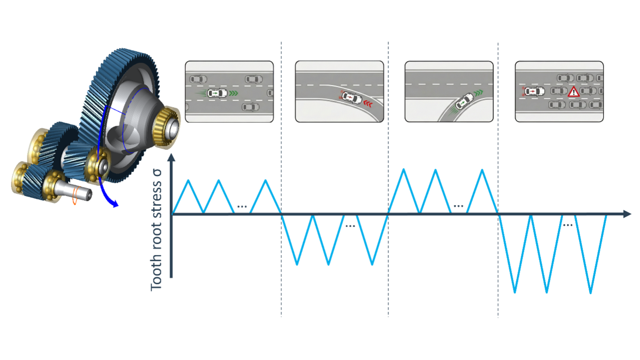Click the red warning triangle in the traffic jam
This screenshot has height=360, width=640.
pyautogui.click(x=573, y=92)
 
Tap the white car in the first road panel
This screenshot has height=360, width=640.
pyautogui.click(x=217, y=93)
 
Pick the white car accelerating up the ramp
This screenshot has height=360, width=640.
pyautogui.click(x=464, y=101)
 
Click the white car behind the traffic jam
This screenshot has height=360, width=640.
pyautogui.click(x=534, y=91)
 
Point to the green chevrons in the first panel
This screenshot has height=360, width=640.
pyautogui.click(x=233, y=93)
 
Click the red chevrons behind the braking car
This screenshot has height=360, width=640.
pyautogui.click(x=368, y=104)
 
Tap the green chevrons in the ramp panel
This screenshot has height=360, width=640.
pyautogui.click(x=478, y=92)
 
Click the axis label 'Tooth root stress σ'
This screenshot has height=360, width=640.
pyautogui.click(x=156, y=230)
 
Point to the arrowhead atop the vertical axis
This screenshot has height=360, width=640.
pyautogui.click(x=171, y=157)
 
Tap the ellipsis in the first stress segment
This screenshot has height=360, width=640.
pyautogui.click(x=242, y=207)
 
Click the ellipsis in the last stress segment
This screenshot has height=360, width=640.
pyautogui.click(x=568, y=225)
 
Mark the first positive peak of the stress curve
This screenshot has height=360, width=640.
pyautogui.click(x=188, y=180)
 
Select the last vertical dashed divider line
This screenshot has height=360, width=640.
pyautogui.click(x=498, y=180)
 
